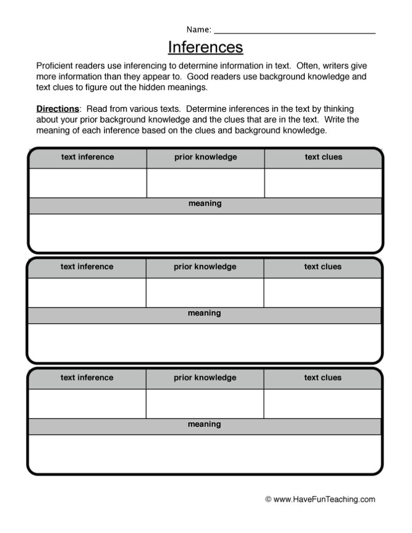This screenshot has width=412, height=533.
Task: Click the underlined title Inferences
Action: click(x=205, y=48)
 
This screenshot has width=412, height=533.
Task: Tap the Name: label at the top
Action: click(x=198, y=29)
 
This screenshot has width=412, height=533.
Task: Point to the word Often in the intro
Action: click(x=307, y=66)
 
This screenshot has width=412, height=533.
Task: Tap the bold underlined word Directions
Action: click(x=57, y=109)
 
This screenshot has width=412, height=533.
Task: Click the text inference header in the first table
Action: click(x=87, y=157)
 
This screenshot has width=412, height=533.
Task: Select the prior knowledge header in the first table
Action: click(x=205, y=157)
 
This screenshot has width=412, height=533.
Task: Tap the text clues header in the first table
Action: click(x=323, y=157)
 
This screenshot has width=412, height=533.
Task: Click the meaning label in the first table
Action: click(x=205, y=204)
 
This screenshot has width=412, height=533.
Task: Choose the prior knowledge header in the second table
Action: click(x=205, y=266)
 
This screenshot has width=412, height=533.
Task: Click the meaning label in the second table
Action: click(x=204, y=313)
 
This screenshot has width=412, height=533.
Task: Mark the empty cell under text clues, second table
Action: click(x=322, y=292)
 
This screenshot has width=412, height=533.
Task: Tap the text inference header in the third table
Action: click(x=87, y=377)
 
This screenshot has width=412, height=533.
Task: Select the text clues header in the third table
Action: click(x=322, y=377)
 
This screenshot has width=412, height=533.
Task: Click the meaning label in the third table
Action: click(x=204, y=424)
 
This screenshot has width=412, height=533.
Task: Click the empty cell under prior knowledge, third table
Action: click(x=204, y=403)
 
